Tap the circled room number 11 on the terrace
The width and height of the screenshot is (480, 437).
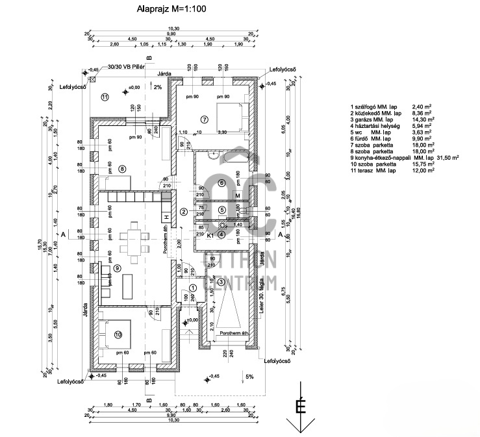[x=104, y=97]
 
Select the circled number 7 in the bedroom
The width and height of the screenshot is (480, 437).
[x=203, y=119]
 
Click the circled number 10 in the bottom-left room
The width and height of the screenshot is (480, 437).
[x=118, y=334]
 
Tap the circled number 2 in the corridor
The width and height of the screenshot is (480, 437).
[x=184, y=212]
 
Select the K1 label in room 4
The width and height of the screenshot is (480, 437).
[x=210, y=236]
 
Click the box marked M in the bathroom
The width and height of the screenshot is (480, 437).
[x=238, y=195]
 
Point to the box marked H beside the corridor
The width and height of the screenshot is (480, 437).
[x=166, y=217]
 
